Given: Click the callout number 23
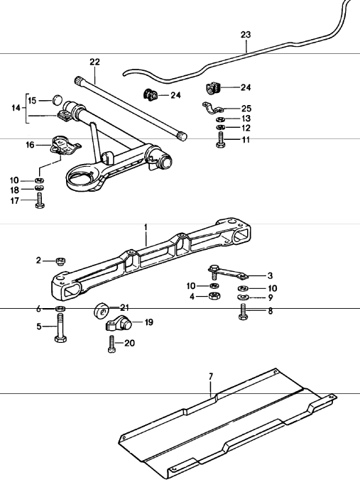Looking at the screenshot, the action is (x=246, y=35).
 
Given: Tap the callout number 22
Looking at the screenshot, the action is (x=94, y=62).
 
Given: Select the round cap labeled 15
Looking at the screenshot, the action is (x=58, y=100).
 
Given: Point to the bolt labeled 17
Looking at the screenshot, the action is (x=40, y=200).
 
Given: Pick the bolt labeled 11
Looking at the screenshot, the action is (x=221, y=140).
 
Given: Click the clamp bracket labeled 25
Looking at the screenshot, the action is (x=214, y=108).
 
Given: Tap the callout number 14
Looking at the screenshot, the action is (x=16, y=108).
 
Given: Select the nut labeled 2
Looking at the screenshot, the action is (x=60, y=261).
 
